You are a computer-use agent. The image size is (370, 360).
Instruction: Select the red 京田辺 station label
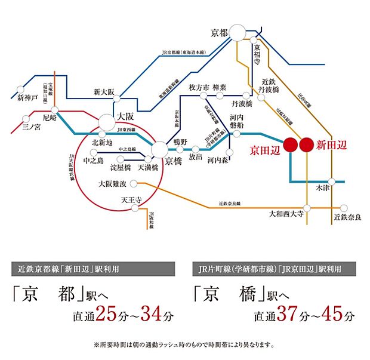(x=264, y=149)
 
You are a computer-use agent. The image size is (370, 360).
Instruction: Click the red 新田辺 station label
(x=332, y=144)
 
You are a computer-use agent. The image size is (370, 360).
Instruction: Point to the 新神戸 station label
(x=27, y=97)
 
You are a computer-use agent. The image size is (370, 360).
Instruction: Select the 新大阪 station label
(x=103, y=92)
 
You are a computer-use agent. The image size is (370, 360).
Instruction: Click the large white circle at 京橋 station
(x=160, y=149)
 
